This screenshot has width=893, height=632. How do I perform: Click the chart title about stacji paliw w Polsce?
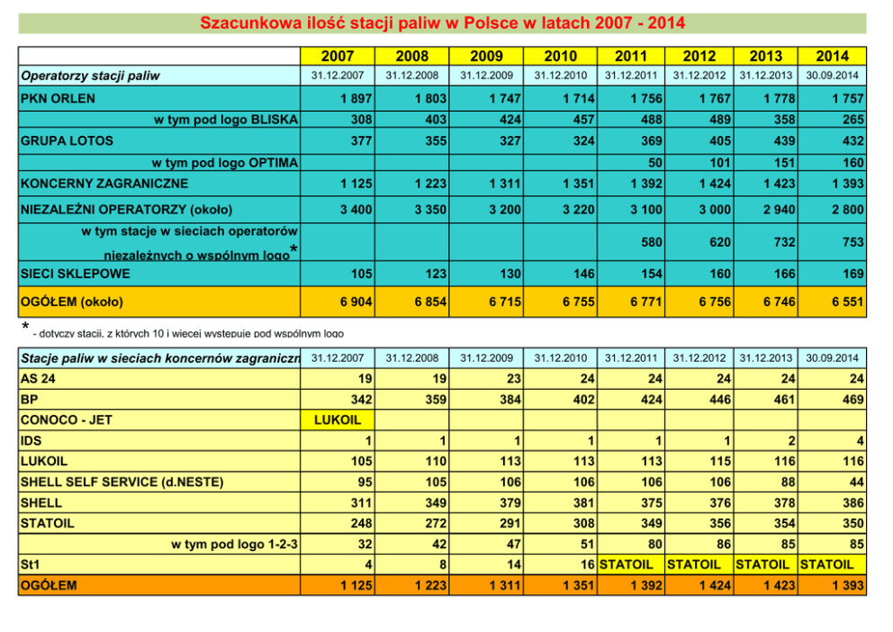coord(442,23)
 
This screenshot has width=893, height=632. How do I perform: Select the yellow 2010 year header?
coord(560,56)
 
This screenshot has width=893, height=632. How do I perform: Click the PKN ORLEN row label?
coord(58,98)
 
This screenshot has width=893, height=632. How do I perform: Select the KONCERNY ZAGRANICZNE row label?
coord(104,184)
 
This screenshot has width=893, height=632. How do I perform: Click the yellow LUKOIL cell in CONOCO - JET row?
coord(337,420)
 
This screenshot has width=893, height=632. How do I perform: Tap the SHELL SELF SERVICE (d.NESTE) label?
coord(122,482)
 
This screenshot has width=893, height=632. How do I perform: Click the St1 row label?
coord(29,564)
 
